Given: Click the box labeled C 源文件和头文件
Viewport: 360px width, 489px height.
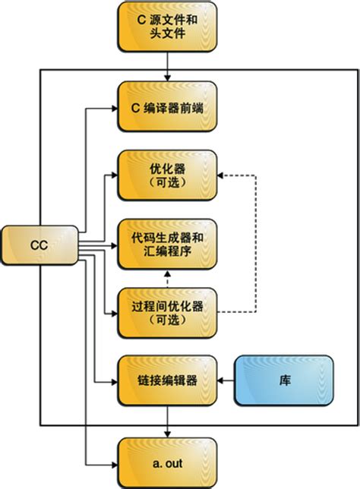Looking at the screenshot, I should (166, 27).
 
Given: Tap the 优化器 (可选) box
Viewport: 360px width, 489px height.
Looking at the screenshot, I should (166, 175).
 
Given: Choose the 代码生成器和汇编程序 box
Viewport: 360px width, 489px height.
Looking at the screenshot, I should (166, 244).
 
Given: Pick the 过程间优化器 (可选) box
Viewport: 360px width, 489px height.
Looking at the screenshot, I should (166, 313).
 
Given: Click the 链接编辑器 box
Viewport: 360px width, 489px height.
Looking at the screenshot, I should (166, 380).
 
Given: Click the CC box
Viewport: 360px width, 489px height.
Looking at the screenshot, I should (39, 245).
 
